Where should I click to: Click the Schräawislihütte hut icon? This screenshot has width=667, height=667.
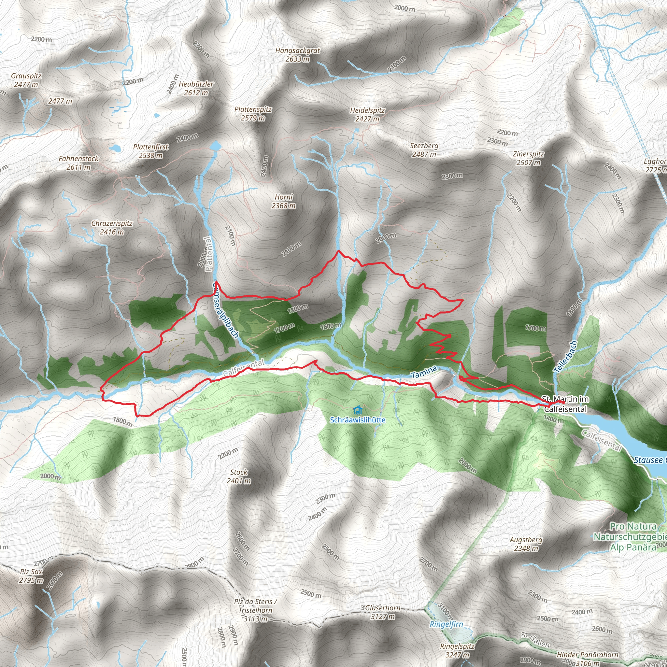coord(358,410)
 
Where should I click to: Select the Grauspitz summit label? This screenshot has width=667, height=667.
coord(26,80)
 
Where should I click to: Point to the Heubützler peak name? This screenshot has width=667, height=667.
coord(196,88)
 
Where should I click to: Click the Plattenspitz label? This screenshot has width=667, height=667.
coord(253,114)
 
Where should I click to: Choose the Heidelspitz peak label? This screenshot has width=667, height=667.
coord(367,115)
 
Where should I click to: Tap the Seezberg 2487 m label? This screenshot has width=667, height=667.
coord(424,150)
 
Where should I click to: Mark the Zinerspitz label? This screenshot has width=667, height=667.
coord(529,158)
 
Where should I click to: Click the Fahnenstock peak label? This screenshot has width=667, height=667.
coord(79,163)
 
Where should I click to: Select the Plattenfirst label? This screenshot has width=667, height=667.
coord(151,151)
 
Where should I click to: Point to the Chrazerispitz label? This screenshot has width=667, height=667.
coord(112,228)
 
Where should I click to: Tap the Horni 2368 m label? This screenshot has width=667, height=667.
coord(284,201)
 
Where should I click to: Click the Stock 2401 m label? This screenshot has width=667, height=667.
coord(239,476)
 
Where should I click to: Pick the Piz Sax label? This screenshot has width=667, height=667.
coord(31,576)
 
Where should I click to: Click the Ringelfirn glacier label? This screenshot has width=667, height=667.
coord(447,624)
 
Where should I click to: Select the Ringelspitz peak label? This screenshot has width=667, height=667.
coord(458,650)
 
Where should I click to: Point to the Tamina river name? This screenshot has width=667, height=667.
coord(424,372)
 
